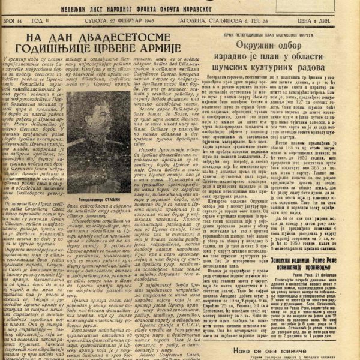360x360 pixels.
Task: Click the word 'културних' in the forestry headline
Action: click(283, 74)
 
